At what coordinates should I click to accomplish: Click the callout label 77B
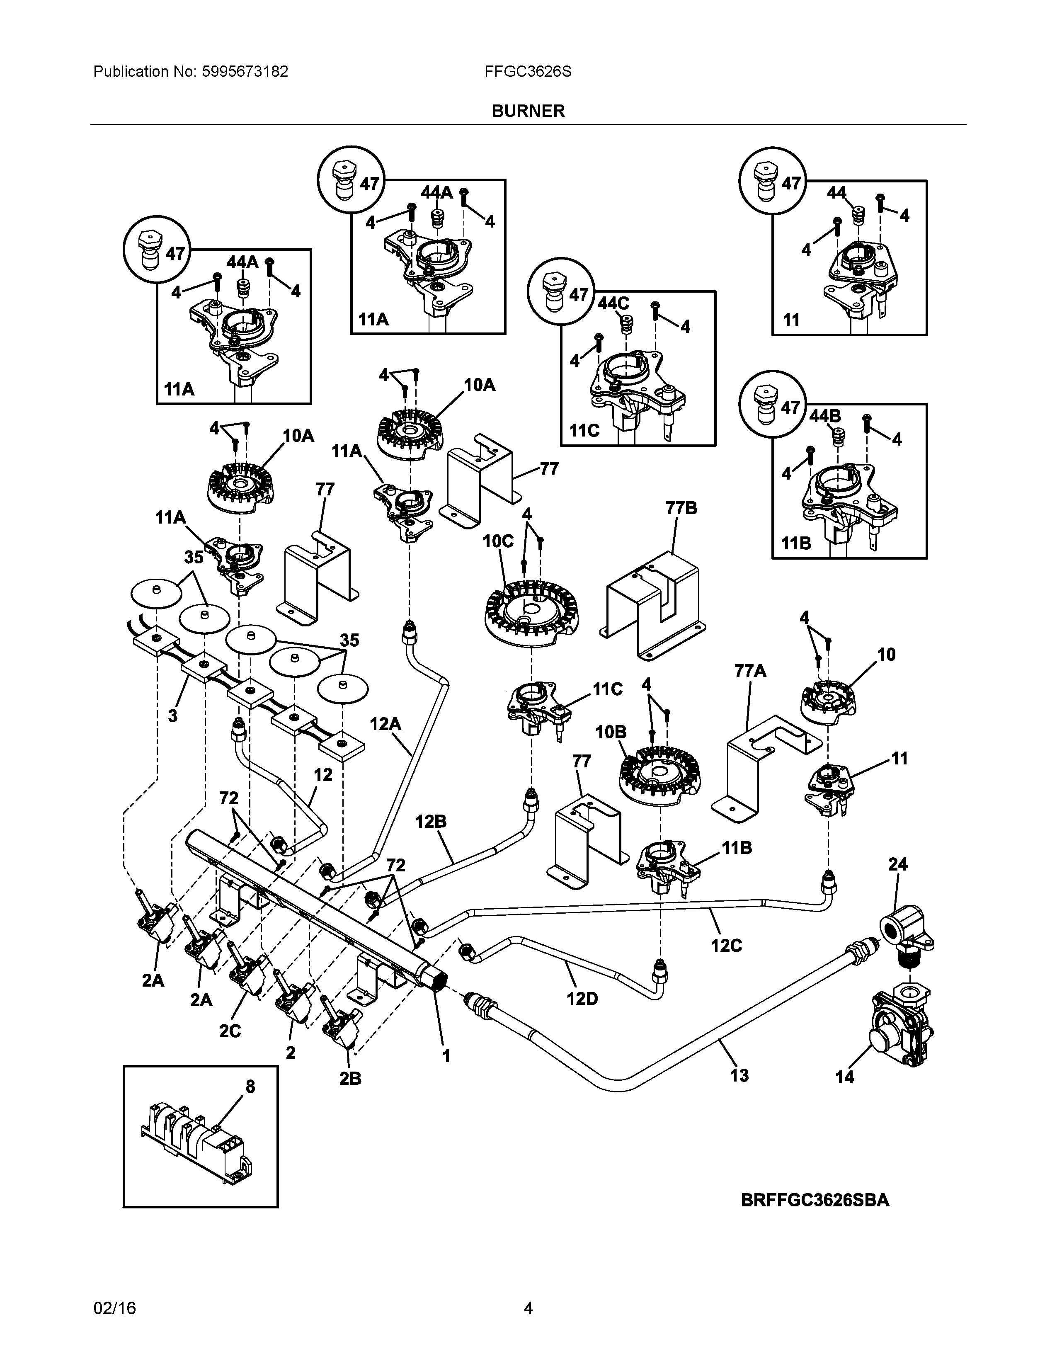[681, 508]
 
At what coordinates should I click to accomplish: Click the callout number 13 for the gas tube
[739, 1075]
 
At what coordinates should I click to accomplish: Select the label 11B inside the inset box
[796, 544]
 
